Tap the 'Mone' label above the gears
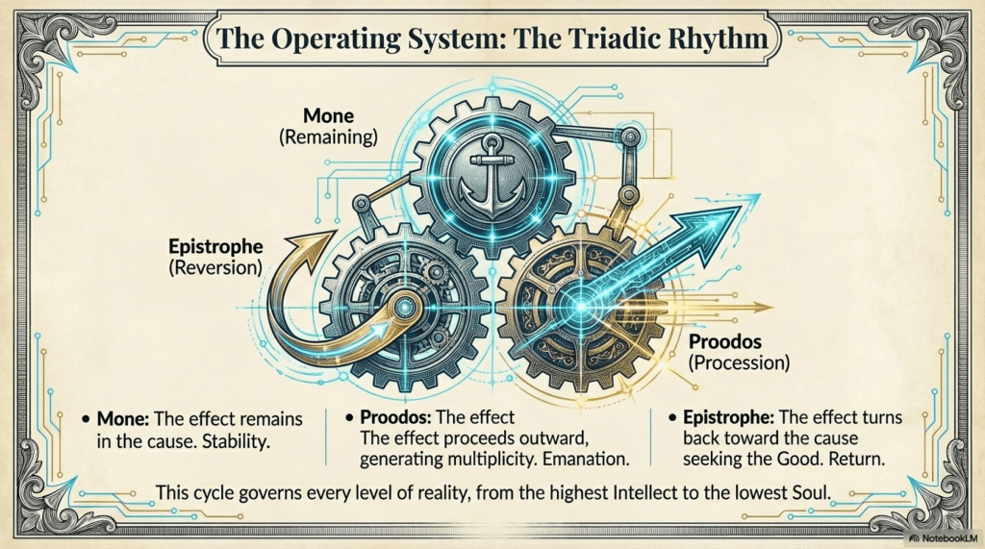click(x=328, y=116)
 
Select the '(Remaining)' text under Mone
click(x=327, y=137)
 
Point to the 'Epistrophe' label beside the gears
click(x=215, y=246)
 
